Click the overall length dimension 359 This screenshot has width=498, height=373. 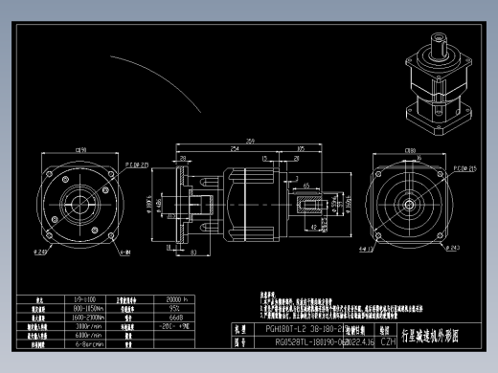[250, 142]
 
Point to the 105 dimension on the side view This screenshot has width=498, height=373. [301, 149]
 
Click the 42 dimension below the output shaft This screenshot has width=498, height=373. [314, 227]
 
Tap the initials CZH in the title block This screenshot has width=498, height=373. [388, 340]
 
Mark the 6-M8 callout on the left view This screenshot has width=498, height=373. [124, 254]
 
